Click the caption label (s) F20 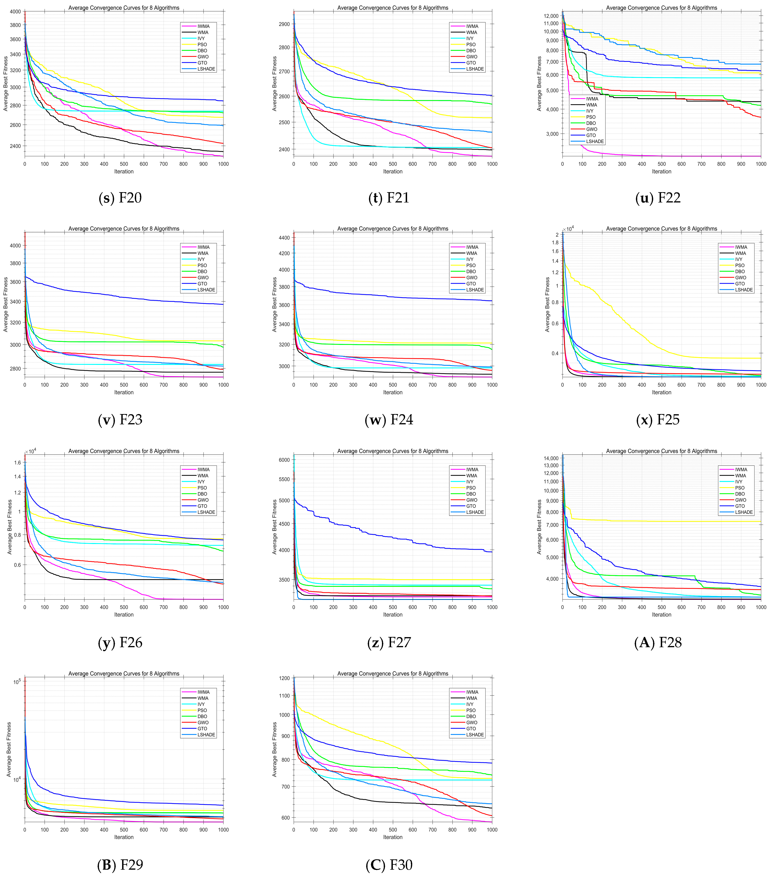click(x=120, y=198)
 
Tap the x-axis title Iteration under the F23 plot click(x=124, y=392)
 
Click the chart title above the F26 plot click(x=124, y=451)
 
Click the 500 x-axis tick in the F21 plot click(x=393, y=164)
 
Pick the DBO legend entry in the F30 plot click(x=471, y=717)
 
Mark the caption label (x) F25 click(x=658, y=420)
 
